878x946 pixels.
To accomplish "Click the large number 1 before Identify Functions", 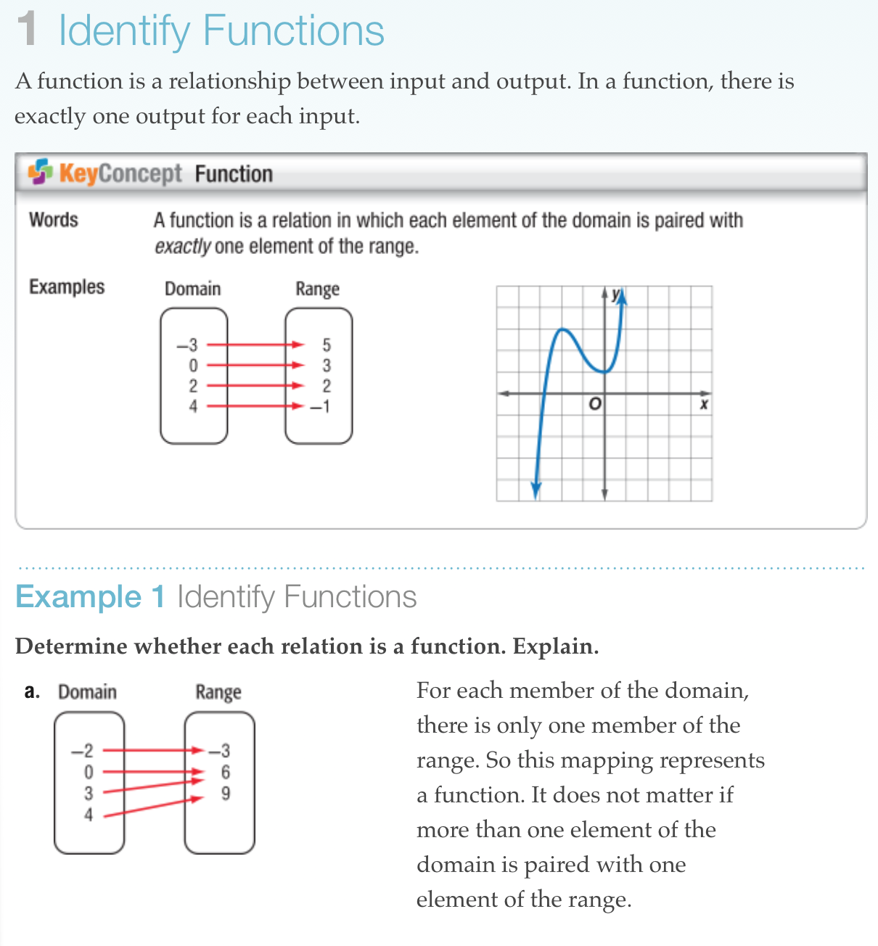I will click(x=27, y=30).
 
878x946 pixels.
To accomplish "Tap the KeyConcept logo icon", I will click(x=40, y=173).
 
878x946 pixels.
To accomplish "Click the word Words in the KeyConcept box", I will click(x=53, y=220).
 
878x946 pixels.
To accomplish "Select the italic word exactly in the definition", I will click(x=182, y=247).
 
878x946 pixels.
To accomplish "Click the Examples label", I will click(x=67, y=287).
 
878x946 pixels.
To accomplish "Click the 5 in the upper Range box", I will click(x=327, y=345).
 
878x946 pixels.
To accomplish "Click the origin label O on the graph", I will click(x=594, y=404).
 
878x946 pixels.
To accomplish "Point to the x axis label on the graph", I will click(x=703, y=404).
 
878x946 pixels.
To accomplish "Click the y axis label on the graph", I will click(x=615, y=294).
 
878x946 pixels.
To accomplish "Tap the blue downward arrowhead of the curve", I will click(x=536, y=491).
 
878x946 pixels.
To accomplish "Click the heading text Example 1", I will click(x=90, y=597).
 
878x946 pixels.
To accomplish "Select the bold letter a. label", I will click(x=31, y=691).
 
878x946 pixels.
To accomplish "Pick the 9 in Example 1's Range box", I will click(x=226, y=793).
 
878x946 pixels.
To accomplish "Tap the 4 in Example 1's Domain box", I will click(x=89, y=815).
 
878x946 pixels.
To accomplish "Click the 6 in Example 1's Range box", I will click(x=226, y=772).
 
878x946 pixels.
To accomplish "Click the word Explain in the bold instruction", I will click(x=554, y=646).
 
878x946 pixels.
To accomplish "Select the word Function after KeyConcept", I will click(x=234, y=174).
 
